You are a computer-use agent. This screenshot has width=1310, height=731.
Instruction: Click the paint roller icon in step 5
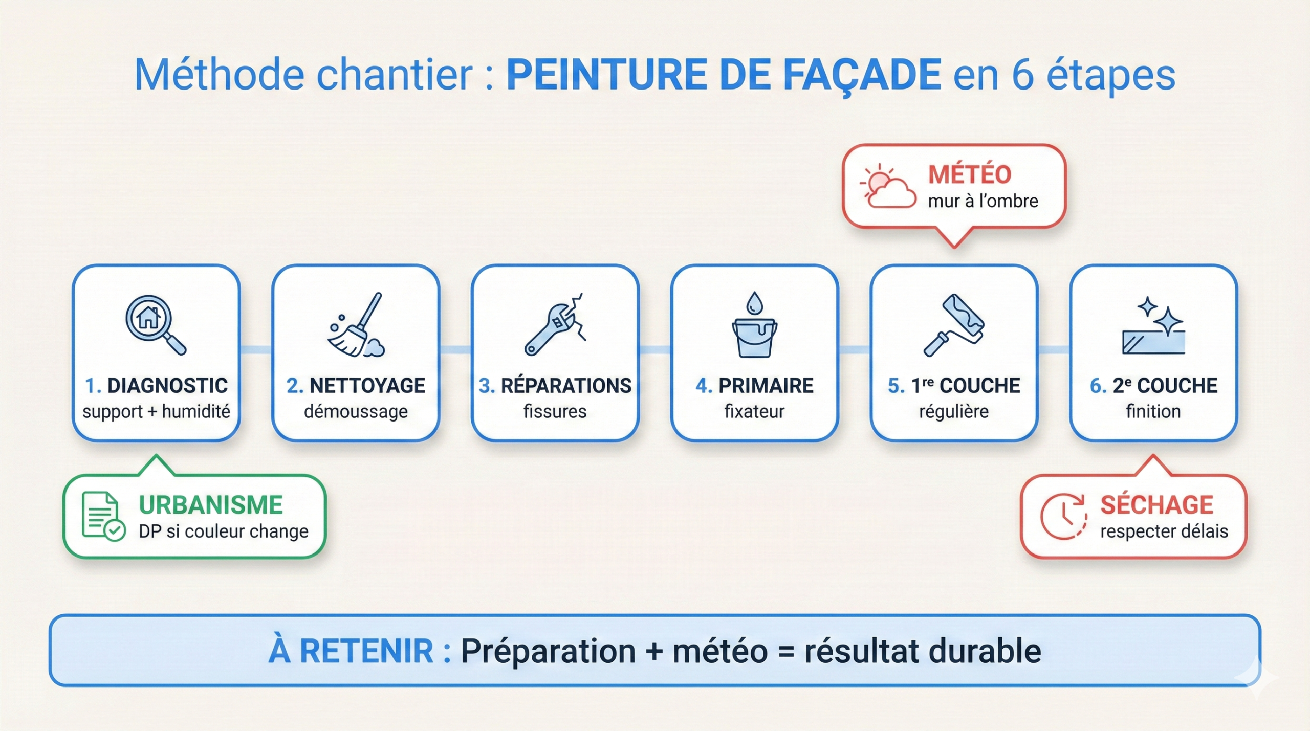point(954,324)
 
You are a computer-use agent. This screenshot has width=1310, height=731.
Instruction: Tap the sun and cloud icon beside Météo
point(888,186)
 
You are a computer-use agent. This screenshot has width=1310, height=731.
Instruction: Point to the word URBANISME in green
point(210,505)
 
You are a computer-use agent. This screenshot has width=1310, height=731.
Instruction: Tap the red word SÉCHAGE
point(1156,505)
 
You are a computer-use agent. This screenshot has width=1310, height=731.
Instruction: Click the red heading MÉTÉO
point(970,174)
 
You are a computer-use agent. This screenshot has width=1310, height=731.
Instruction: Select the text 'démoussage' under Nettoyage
point(356,411)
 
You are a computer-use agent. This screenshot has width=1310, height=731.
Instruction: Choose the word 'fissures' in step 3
point(555,411)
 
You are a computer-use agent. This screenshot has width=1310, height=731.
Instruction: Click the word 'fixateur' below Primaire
point(754,411)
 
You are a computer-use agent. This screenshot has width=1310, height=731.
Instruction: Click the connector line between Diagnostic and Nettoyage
point(256,349)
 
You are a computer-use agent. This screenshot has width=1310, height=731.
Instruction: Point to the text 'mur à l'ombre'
point(983,201)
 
